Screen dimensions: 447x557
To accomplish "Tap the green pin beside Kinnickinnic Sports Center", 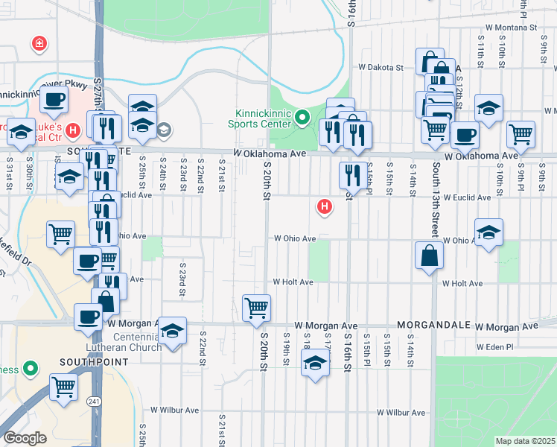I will [302, 118].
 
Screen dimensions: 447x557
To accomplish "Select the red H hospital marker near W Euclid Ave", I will [324, 206].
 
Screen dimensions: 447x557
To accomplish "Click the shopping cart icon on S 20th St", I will [256, 307].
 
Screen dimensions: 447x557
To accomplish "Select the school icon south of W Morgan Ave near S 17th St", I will [316, 364].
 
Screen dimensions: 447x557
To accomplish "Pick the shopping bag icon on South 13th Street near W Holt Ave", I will [430, 256].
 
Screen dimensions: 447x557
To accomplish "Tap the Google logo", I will [25, 437].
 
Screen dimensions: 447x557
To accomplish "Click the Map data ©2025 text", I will [525, 441].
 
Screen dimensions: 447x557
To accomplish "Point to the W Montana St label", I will [529, 27].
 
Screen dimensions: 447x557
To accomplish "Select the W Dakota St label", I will [381, 67].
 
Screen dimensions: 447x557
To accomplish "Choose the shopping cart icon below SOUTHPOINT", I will [64, 387].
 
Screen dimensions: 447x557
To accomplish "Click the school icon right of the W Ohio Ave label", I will [488, 232].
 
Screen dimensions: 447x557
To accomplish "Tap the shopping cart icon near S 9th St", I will [521, 135].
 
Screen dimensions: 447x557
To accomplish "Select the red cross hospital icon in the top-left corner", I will [38, 45].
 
